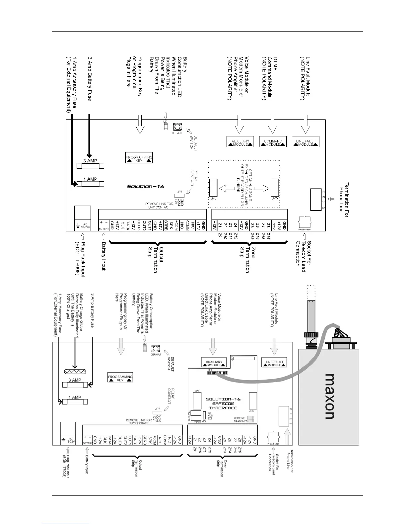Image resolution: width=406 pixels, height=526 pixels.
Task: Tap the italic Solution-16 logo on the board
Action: coord(145,186)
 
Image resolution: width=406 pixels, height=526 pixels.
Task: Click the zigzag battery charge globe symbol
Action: coord(75,372)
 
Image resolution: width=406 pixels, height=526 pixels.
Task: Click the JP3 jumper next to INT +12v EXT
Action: coord(204,416)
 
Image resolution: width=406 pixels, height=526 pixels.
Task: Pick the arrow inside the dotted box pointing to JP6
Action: coord(227,189)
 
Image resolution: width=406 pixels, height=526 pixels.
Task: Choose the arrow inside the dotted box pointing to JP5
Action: coord(262,188)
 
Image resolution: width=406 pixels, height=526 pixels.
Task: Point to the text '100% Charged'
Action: coord(68,305)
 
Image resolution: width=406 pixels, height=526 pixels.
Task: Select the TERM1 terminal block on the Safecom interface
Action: coord(198,415)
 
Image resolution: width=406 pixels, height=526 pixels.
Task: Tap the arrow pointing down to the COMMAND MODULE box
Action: coord(272,125)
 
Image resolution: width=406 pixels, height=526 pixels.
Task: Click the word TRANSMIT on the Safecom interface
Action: coord(239,421)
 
